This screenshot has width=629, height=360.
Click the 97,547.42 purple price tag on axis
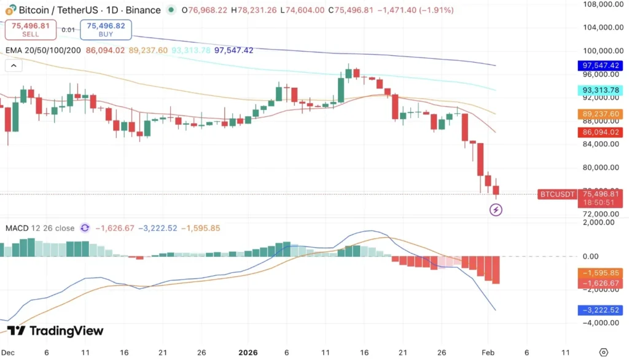tap(601, 65)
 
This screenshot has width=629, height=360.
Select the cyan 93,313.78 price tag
tap(601, 90)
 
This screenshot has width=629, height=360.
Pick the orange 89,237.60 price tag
tap(601, 114)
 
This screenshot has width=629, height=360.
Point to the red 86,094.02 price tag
tap(601, 132)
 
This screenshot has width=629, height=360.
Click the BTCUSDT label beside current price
tap(557, 194)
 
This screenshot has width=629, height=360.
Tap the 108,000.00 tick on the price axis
tap(600, 4)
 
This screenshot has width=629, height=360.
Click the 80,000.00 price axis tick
tap(600, 167)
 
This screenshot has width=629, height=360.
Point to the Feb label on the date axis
tap(488, 353)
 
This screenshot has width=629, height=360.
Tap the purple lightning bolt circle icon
tap(496, 210)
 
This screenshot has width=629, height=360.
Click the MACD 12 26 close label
tap(40, 228)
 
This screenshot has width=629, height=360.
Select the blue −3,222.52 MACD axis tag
tap(601, 311)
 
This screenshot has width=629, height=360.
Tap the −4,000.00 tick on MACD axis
tap(600, 323)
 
